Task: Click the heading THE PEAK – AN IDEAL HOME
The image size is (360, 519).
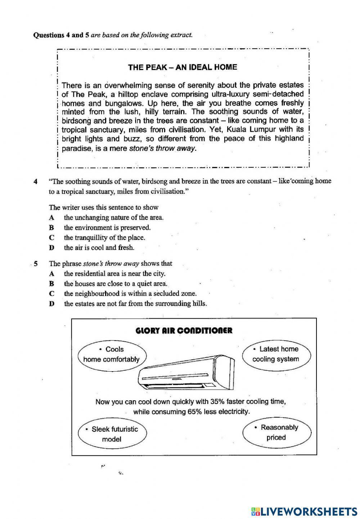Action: point(183,67)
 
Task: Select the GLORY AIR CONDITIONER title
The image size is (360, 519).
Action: point(184,331)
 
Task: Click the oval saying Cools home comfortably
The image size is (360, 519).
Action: point(112,354)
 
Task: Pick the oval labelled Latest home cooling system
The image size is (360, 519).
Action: point(275,354)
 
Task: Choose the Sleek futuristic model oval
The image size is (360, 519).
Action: point(112,434)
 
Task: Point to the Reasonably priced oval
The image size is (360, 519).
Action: point(276,432)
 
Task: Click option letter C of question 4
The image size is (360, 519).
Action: point(51,238)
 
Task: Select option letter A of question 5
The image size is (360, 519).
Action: point(51,274)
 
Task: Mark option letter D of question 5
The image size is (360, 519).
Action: point(51,304)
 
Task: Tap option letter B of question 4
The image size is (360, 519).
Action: point(51,228)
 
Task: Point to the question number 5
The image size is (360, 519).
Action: point(36,264)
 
